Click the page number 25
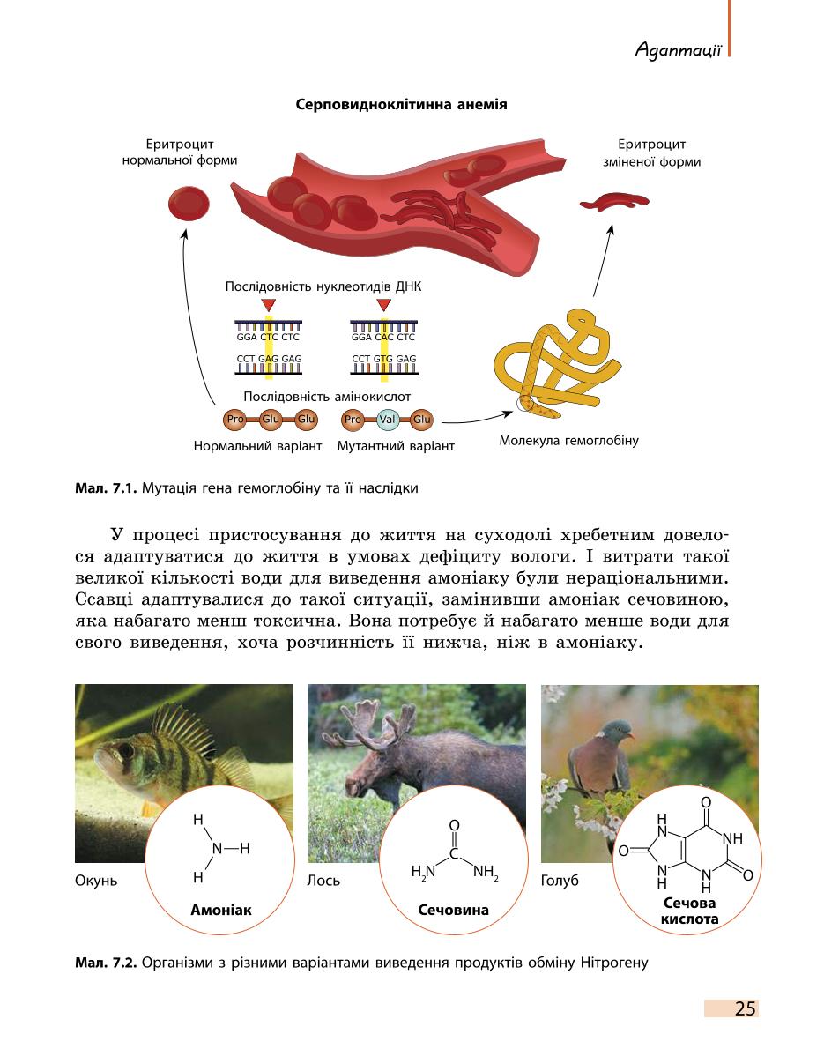pyautogui.click(x=745, y=1008)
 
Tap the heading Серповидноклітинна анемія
pyautogui.click(x=401, y=104)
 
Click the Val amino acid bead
pyautogui.click(x=387, y=420)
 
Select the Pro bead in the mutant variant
pyautogui.click(x=353, y=420)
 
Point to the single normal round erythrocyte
pyautogui.click(x=189, y=204)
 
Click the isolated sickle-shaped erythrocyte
pyautogui.click(x=614, y=201)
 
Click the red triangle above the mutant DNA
pyautogui.click(x=383, y=305)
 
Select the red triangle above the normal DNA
pyautogui.click(x=268, y=305)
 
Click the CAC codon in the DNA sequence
pyautogui.click(x=384, y=337)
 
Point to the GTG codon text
pyautogui.click(x=384, y=359)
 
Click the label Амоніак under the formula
pyautogui.click(x=220, y=910)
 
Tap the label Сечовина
pyautogui.click(x=454, y=910)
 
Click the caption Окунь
pyautogui.click(x=96, y=881)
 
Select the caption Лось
pyautogui.click(x=323, y=881)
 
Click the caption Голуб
pyautogui.click(x=560, y=881)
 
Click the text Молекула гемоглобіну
pyautogui.click(x=569, y=440)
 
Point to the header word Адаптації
pyautogui.click(x=679, y=49)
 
